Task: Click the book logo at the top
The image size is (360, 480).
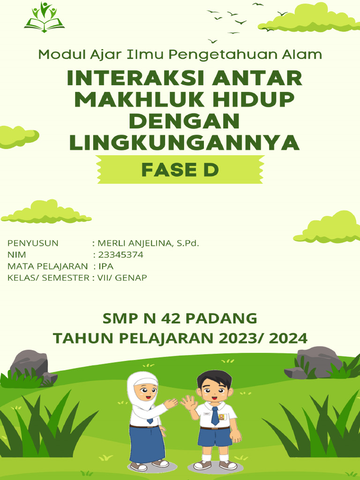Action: (45, 18)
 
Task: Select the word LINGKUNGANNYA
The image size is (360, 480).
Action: (184, 142)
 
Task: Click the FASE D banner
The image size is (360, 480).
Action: (180, 170)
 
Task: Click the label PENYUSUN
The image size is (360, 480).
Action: (33, 243)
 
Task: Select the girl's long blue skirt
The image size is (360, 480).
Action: (147, 442)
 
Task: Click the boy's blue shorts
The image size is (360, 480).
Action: (215, 437)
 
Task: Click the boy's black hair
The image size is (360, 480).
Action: (215, 377)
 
